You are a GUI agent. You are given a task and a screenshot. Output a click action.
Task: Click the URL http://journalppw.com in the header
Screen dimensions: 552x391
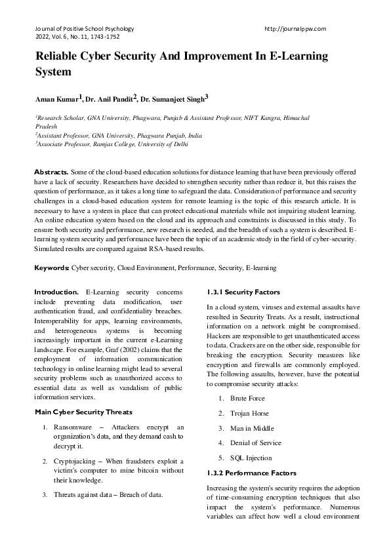295,29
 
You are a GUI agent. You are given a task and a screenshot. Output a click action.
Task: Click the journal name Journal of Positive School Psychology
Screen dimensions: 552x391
84,29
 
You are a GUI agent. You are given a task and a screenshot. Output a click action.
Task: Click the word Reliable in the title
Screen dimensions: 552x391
60,56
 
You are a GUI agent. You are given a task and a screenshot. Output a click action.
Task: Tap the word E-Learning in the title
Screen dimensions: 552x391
294,56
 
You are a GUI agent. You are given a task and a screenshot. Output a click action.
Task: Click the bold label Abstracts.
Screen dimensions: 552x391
51,171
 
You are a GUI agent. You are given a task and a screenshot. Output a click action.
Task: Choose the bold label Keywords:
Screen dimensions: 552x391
52,268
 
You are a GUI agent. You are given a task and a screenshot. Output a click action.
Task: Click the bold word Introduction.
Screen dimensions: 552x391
58,290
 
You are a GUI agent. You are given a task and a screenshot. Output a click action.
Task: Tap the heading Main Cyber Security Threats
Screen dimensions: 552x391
83,412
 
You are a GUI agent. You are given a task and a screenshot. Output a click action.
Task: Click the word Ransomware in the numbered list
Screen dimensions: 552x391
75,427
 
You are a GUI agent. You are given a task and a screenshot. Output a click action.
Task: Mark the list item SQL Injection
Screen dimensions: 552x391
251,458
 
